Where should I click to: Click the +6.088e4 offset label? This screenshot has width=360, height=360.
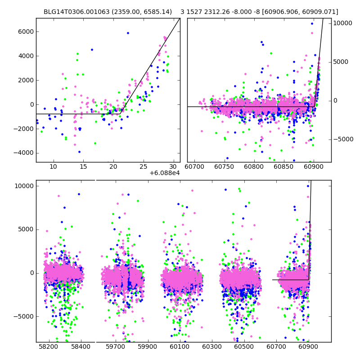[x=165, y=172]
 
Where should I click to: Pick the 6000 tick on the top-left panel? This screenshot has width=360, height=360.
[x=25, y=31]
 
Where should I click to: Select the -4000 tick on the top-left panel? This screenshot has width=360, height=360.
[x=24, y=153]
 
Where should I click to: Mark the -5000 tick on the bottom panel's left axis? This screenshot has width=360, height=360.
[x=23, y=316]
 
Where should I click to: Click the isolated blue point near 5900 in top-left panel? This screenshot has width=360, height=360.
[x=128, y=33]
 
